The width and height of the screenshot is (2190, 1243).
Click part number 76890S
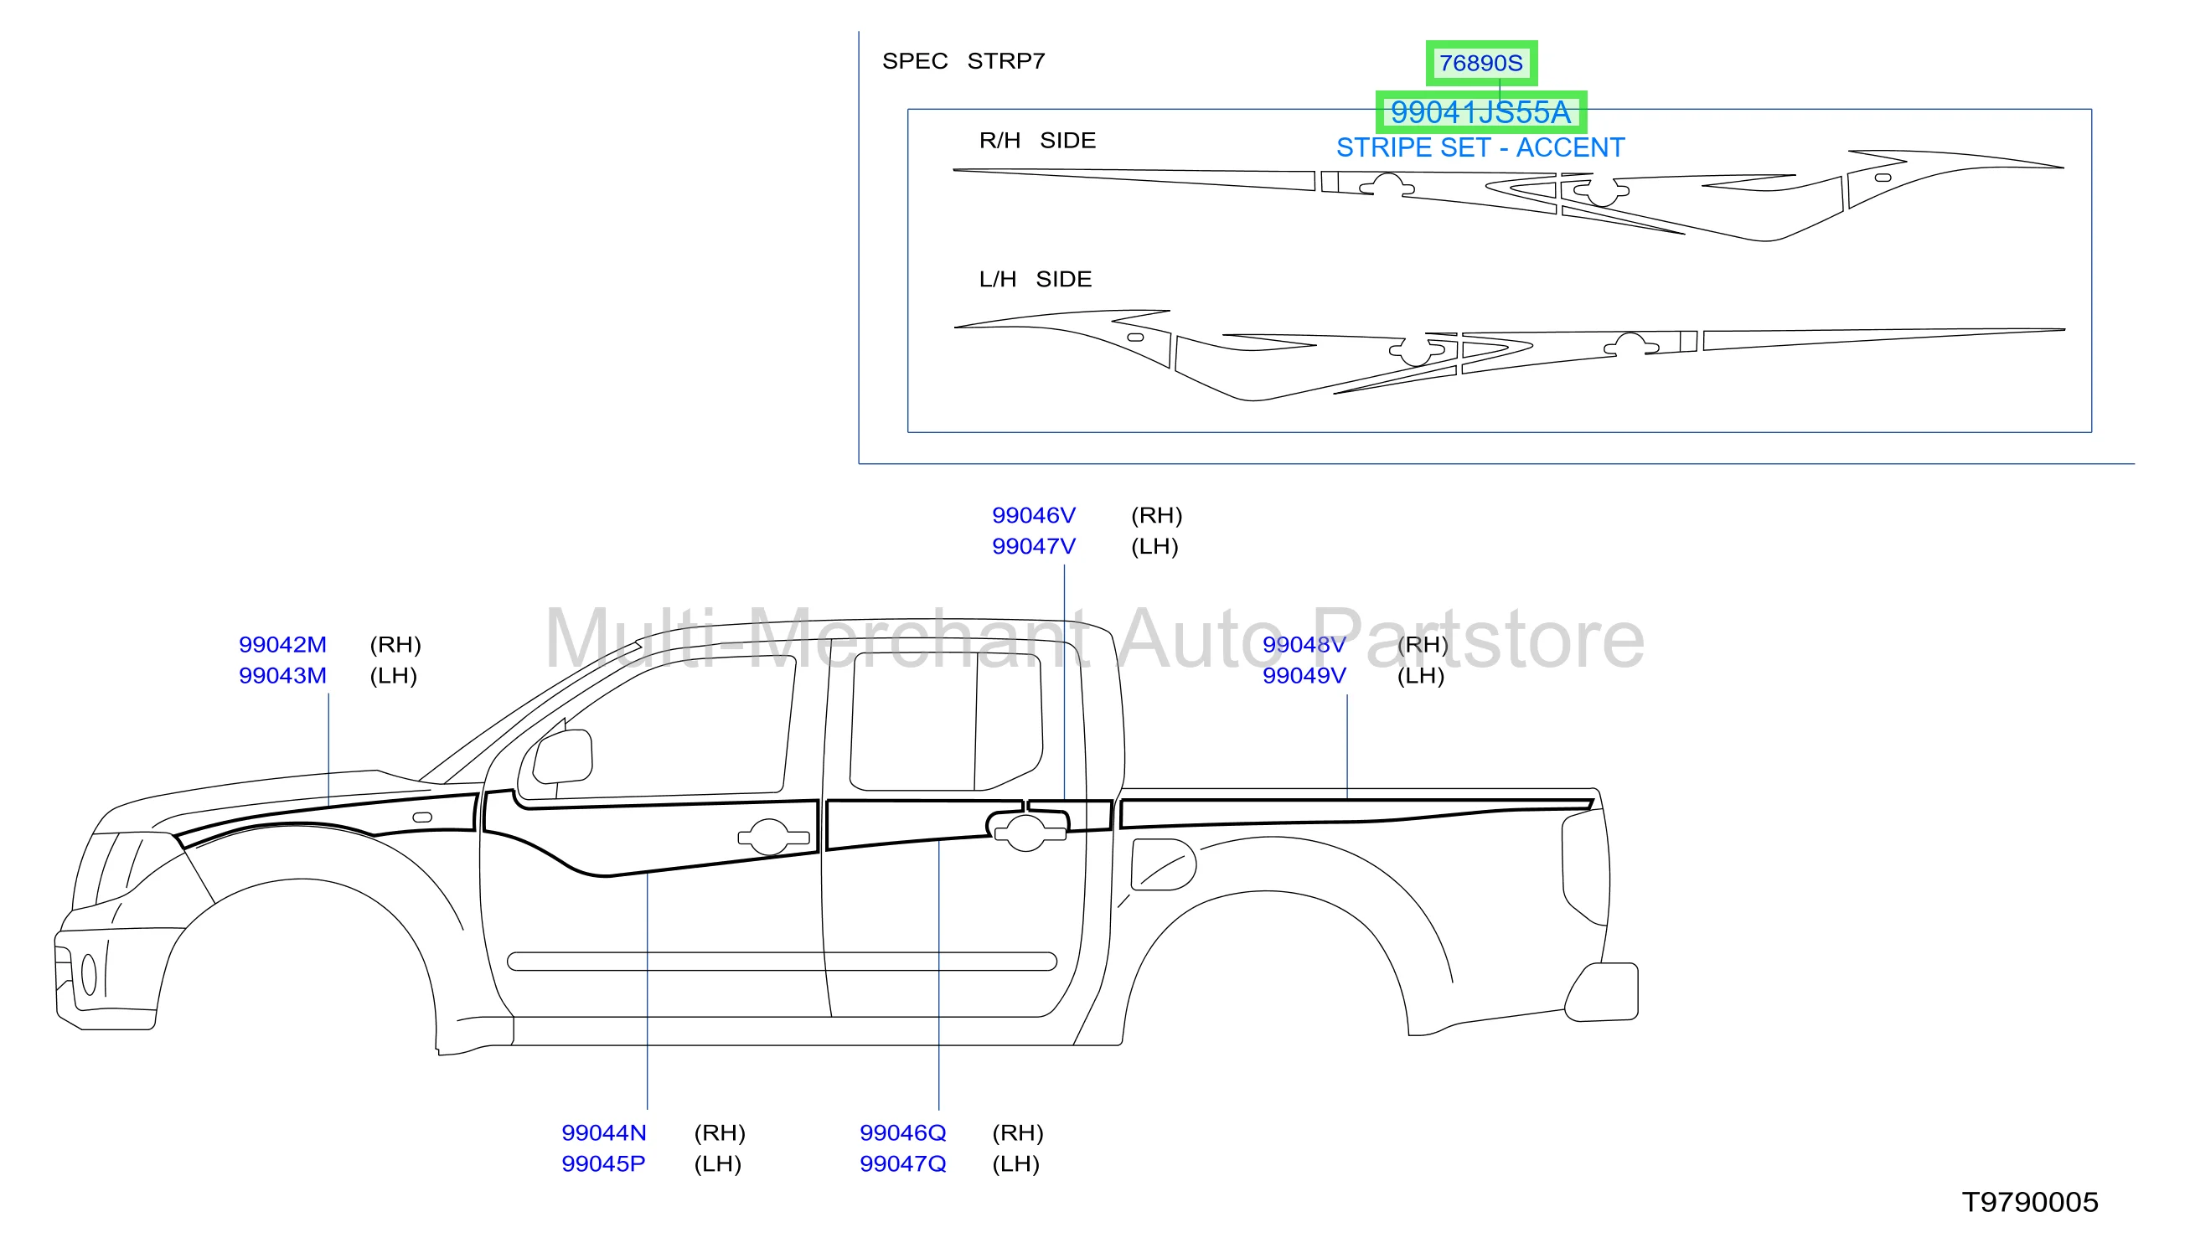tap(1480, 63)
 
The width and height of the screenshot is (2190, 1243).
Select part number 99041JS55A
tap(1480, 112)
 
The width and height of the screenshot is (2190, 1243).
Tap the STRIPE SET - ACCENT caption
tap(1480, 147)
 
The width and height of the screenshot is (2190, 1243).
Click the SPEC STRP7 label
tap(963, 61)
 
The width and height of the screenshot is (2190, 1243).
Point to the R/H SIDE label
tap(1037, 140)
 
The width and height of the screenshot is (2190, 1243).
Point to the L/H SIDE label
tap(1036, 279)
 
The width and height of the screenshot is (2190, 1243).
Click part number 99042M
tap(282, 645)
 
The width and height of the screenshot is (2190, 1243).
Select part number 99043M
tap(282, 675)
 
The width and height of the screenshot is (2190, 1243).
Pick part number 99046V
tap(1034, 516)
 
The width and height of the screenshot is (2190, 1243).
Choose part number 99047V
tap(1034, 546)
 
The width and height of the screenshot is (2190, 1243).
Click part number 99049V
tap(1304, 675)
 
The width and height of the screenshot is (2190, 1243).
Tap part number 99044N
tap(604, 1133)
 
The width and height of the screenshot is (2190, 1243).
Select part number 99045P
tap(604, 1163)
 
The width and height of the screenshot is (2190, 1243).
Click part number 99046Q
tap(903, 1133)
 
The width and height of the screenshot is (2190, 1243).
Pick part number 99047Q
tap(903, 1163)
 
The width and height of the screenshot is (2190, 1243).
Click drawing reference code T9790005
tap(2030, 1202)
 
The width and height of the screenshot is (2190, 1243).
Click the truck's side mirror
tap(563, 756)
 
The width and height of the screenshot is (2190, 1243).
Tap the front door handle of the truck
tap(773, 837)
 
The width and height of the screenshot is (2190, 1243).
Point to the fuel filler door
tap(1163, 864)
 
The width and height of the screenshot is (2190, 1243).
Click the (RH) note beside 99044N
tap(720, 1133)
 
